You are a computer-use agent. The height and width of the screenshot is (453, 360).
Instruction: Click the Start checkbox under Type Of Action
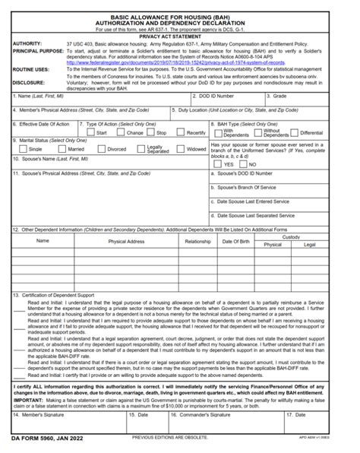coord(90,132)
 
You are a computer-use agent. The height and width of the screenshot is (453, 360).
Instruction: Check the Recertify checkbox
coord(180,132)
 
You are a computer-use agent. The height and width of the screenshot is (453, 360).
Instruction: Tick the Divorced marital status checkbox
coord(102,149)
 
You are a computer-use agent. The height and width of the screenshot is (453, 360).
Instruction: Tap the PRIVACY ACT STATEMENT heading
coord(180,36)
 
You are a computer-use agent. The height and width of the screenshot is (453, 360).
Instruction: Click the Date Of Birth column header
coord(235,241)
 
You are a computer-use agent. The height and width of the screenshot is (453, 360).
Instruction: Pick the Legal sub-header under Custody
coord(310,245)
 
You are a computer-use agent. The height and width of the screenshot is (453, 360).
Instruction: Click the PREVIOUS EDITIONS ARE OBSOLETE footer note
coord(169,439)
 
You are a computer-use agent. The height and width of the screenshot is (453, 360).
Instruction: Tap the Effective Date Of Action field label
coord(46,123)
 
